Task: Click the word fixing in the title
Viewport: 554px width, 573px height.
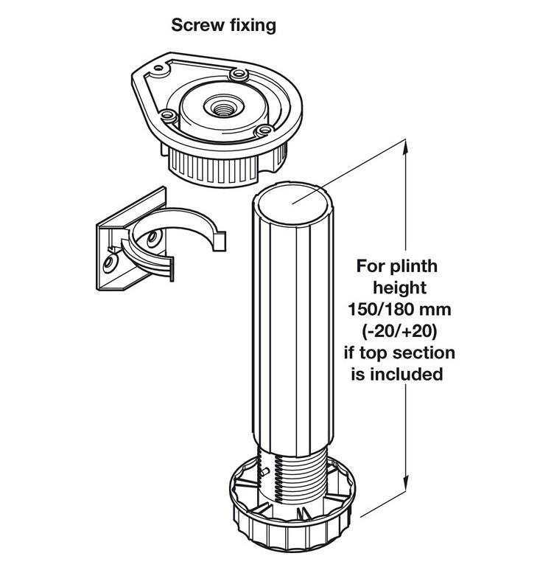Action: click(x=250, y=25)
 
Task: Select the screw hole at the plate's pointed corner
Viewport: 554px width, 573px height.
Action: click(x=155, y=73)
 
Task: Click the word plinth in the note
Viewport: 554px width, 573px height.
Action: click(x=416, y=265)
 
